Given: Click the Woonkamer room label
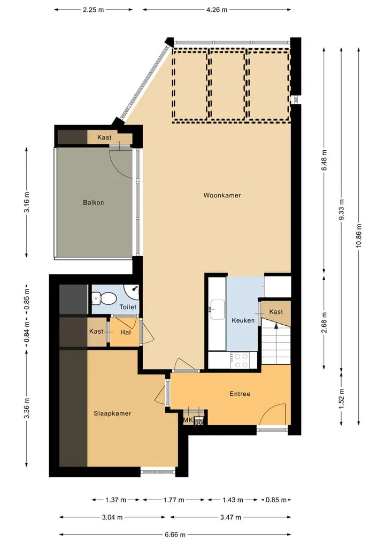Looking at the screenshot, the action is (x=222, y=195).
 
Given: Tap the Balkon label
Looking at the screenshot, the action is (x=93, y=202).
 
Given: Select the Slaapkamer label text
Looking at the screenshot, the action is (x=112, y=413).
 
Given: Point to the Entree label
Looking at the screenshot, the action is (x=240, y=394).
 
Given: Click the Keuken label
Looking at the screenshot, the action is (x=243, y=320).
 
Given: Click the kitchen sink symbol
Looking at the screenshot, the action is (x=218, y=309).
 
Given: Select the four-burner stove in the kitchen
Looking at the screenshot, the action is (x=241, y=360).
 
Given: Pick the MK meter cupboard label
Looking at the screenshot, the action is (x=188, y=420).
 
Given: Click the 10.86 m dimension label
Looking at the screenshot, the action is (x=359, y=235).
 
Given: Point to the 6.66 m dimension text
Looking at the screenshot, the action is (x=175, y=534).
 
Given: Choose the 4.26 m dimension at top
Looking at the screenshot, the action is (x=217, y=10).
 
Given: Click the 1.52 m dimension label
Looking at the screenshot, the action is (x=342, y=399).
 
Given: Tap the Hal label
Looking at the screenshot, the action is (x=125, y=332).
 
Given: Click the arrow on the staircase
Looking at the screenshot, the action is (x=276, y=326).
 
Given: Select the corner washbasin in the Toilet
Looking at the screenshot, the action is (x=133, y=292).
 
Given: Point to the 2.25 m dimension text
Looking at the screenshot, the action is (x=93, y=10).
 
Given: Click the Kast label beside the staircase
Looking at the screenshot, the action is (x=276, y=312).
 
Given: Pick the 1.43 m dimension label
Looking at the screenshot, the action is (x=233, y=500).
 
